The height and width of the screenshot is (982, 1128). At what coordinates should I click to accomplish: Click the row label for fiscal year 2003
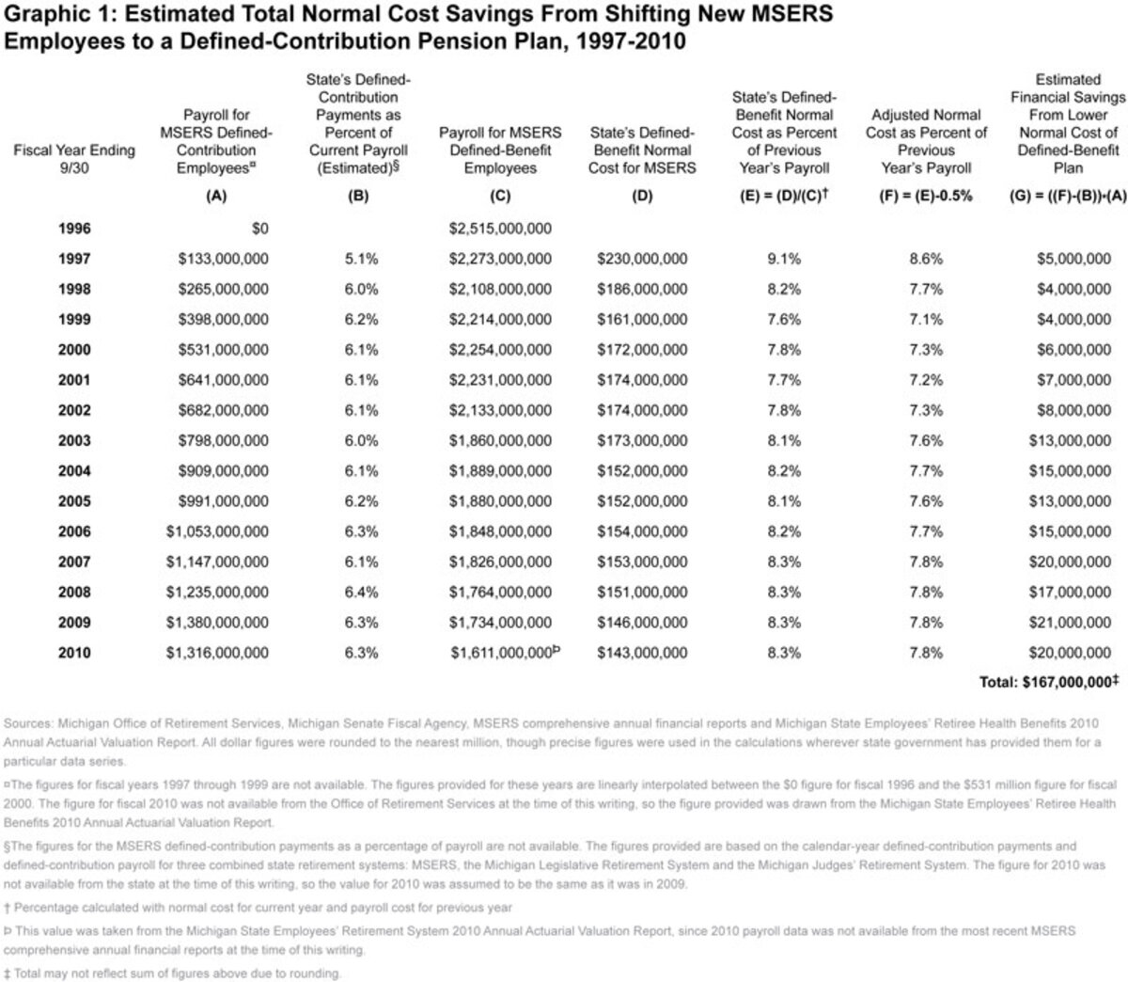click(74, 440)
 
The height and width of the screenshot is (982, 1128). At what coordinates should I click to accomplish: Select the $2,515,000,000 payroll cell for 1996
click(500, 229)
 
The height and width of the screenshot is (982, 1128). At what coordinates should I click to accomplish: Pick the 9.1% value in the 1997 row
click(784, 259)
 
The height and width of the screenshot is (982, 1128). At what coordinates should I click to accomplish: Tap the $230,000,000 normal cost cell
click(642, 259)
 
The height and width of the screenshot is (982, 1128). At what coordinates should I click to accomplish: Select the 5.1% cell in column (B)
click(361, 259)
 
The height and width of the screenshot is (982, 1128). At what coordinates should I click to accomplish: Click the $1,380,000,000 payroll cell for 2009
click(223, 622)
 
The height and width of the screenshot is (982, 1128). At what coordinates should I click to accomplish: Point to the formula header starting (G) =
click(1067, 198)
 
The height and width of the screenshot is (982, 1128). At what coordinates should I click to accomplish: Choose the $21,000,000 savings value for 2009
click(1073, 622)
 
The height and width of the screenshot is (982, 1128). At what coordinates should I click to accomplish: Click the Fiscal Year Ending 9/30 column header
click(74, 159)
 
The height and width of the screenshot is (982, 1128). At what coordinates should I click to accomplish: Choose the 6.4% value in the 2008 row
click(361, 592)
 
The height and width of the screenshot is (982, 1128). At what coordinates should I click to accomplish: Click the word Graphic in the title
click(37, 16)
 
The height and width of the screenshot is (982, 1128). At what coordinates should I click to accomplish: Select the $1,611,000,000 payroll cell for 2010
click(500, 652)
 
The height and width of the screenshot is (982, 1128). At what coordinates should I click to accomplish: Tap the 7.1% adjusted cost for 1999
click(926, 319)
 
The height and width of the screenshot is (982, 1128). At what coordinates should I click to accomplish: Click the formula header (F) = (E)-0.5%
click(926, 198)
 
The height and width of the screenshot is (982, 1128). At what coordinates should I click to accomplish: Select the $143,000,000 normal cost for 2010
click(642, 652)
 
